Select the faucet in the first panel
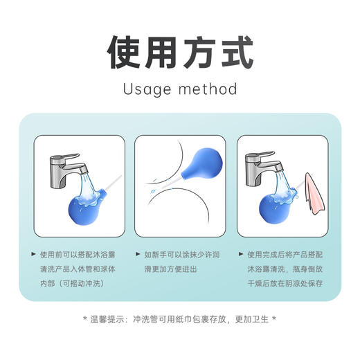(65, 166)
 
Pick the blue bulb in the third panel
(276, 205)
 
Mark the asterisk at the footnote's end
(274, 319)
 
